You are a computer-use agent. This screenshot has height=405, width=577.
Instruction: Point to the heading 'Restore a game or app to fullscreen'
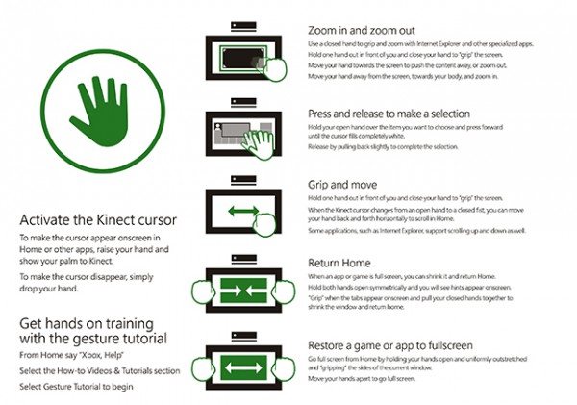click(x=396, y=345)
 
